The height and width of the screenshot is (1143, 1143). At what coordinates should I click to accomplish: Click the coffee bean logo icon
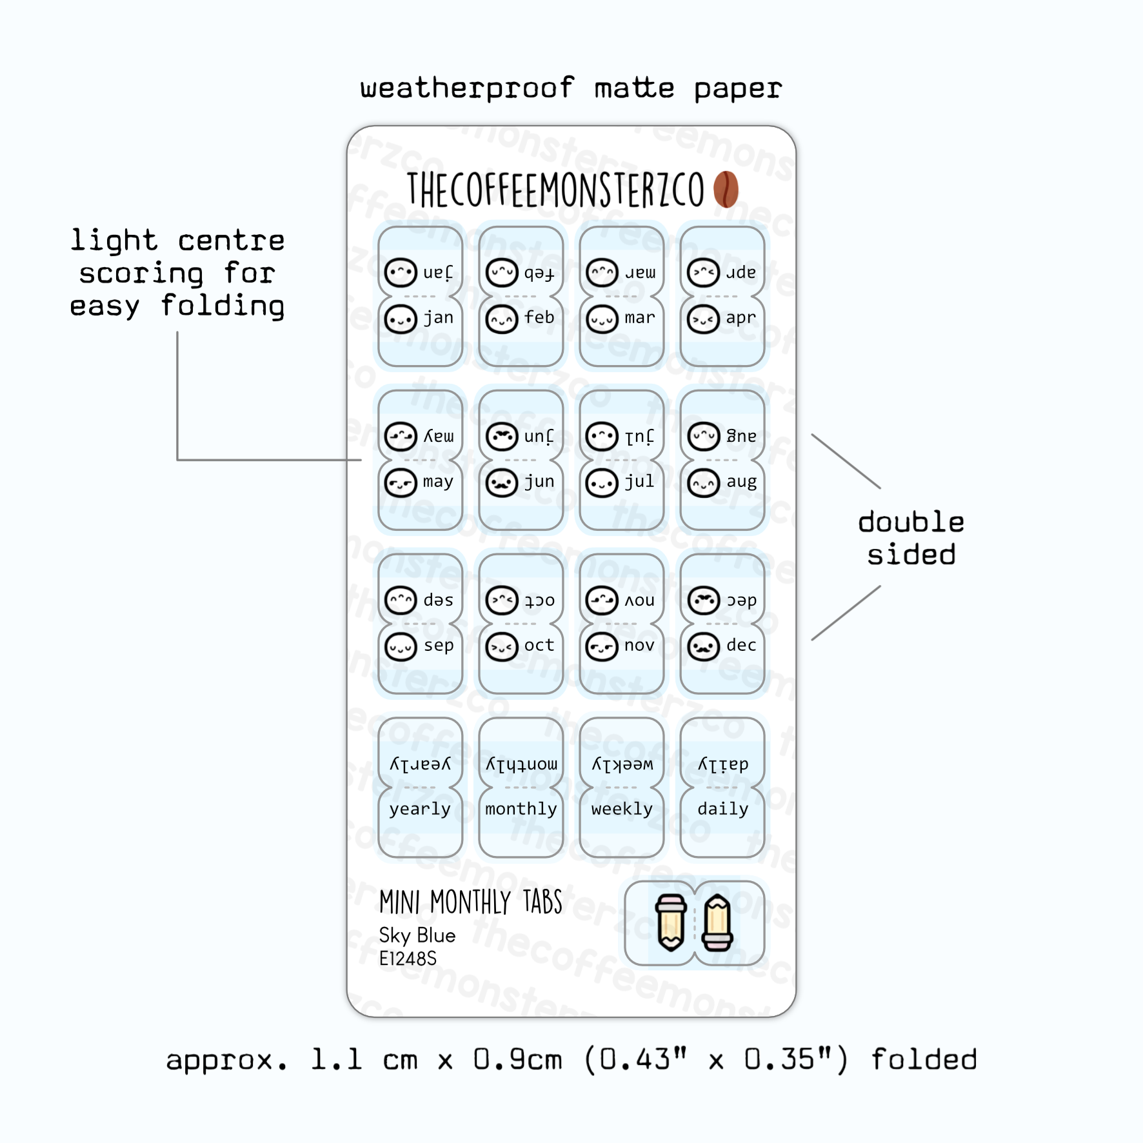726,189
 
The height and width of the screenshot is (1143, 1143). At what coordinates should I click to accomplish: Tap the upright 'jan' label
439,317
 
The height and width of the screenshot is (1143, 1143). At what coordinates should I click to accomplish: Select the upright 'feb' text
539,317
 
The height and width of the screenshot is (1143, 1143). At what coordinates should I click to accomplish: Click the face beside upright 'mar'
602,319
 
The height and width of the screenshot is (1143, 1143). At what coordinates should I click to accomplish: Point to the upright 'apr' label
740,317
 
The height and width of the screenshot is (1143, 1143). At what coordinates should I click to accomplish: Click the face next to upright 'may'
401,483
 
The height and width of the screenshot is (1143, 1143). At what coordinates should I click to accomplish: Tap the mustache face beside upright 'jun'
502,483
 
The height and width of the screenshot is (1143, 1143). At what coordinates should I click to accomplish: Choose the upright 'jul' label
639,481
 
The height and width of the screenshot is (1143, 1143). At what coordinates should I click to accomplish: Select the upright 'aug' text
741,481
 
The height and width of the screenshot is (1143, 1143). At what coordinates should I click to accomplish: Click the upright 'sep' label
439,645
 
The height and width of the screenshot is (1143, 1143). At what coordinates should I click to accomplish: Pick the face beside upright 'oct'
502,647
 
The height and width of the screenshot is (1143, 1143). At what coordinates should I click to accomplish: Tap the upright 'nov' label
639,645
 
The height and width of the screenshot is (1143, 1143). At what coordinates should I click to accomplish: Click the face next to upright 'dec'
703,647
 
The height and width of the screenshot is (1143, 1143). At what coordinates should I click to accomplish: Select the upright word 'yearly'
420,809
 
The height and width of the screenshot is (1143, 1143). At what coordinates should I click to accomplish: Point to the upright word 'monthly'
521,809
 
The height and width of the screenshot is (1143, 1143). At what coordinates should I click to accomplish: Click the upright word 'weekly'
622,809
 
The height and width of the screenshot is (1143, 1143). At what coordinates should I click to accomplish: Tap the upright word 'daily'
722,809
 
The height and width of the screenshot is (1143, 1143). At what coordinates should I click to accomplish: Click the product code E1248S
408,959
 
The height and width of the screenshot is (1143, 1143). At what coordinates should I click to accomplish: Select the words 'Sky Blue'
417,935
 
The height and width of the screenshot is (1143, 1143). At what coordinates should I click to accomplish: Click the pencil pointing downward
671,922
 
